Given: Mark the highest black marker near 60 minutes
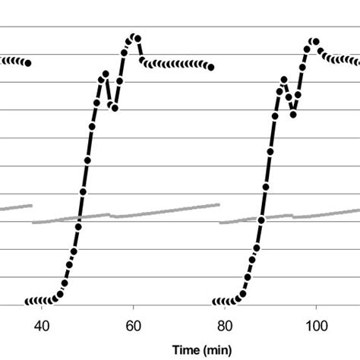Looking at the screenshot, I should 133,36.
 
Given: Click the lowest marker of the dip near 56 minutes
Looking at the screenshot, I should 115,108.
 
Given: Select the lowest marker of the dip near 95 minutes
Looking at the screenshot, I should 293,114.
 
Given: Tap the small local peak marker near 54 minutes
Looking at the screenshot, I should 106,74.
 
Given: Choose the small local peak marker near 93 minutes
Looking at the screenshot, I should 284,79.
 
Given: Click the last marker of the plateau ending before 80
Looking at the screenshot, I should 210,68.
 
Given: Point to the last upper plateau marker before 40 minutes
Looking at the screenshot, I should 27,63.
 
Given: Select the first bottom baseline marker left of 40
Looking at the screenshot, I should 27,302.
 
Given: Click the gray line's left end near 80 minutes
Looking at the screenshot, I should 220,223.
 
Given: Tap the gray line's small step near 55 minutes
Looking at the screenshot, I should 112,215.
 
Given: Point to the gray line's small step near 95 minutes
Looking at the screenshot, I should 293,216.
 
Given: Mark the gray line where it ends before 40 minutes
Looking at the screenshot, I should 32,204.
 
